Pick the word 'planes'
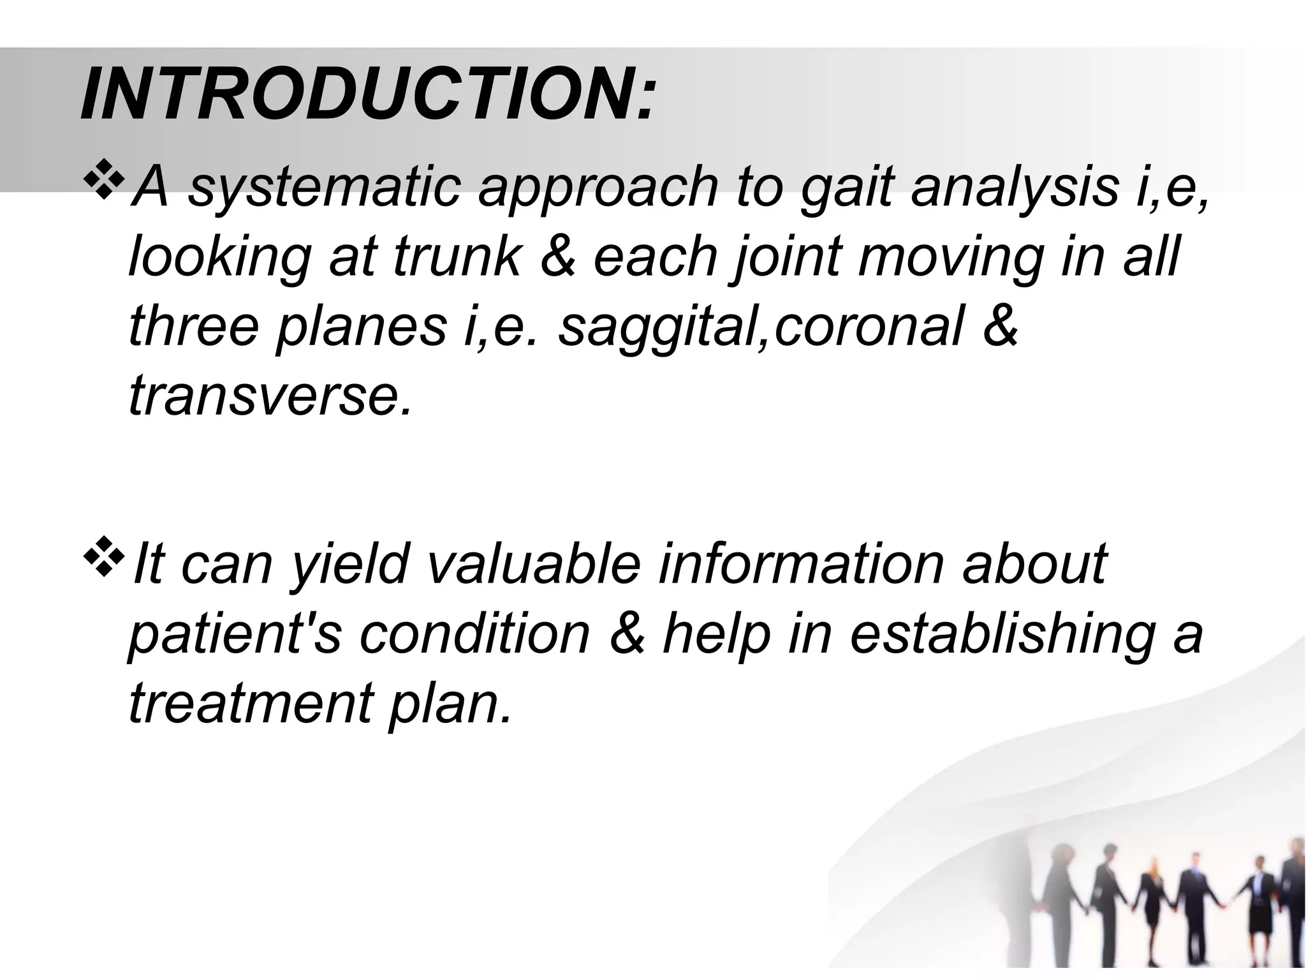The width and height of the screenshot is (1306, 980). (360, 327)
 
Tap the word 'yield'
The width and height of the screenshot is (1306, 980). (348, 564)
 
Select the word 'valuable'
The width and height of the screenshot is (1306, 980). (532, 564)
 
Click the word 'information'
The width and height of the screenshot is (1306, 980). (800, 564)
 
